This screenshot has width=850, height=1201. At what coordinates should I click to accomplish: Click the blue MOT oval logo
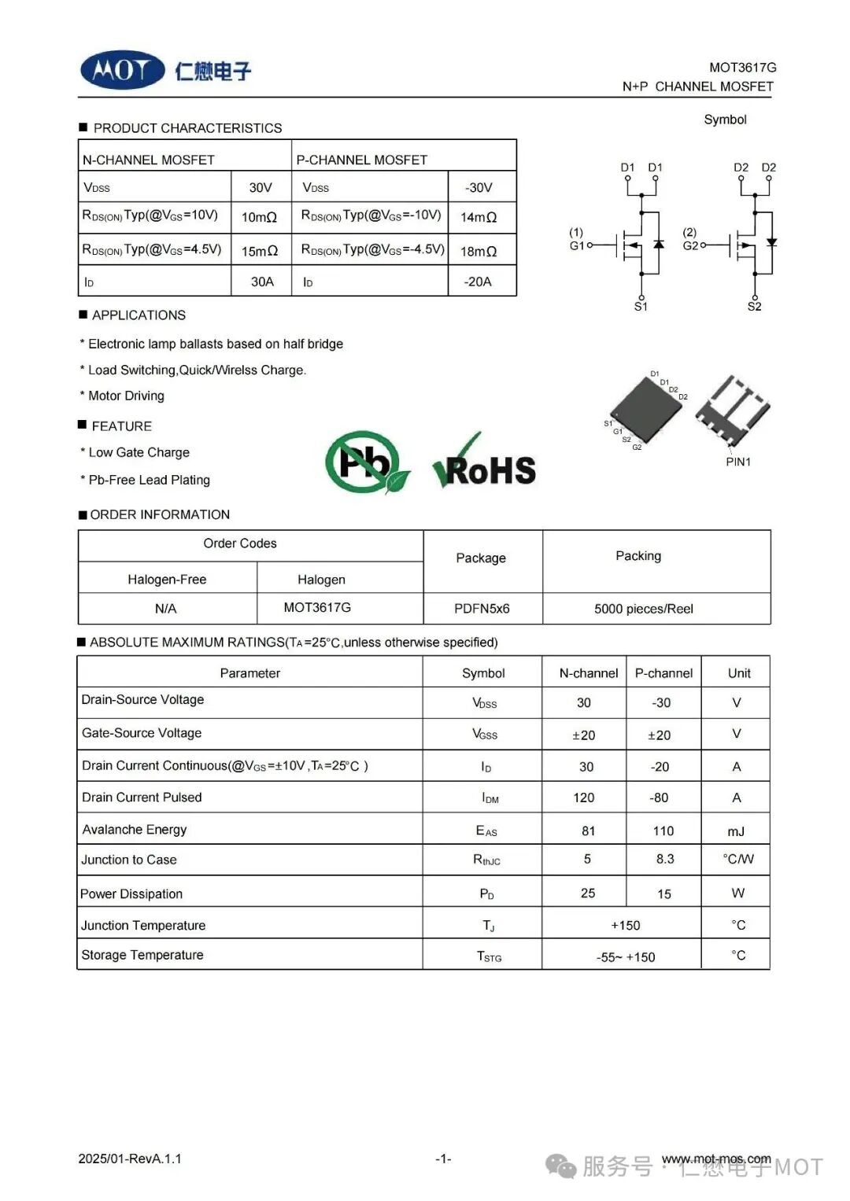click(123, 71)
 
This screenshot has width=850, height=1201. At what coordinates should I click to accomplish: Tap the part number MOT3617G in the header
click(742, 68)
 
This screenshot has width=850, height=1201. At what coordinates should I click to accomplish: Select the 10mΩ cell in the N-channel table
click(259, 217)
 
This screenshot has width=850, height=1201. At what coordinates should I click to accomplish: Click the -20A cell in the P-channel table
click(478, 282)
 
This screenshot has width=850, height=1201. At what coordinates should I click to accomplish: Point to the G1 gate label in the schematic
click(577, 245)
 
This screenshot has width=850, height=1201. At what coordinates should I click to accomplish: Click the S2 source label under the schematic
click(754, 307)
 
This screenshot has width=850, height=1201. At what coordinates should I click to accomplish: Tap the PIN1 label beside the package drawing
click(738, 462)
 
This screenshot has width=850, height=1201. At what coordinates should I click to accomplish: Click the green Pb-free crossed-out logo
click(366, 462)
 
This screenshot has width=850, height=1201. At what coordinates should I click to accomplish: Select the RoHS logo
click(486, 465)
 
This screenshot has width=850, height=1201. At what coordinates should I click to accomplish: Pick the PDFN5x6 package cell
click(482, 609)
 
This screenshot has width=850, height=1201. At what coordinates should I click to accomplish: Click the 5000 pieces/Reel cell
click(644, 609)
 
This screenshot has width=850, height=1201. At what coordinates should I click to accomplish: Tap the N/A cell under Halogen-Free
click(166, 609)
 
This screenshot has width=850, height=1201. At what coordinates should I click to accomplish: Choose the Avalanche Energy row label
click(135, 830)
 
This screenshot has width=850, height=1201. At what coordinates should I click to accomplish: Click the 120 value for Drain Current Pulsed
click(584, 798)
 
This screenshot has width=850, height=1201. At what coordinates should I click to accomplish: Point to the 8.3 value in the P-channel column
click(665, 859)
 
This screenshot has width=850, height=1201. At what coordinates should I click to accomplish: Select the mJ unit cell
click(736, 831)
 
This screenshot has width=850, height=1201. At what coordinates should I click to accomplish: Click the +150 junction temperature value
click(626, 926)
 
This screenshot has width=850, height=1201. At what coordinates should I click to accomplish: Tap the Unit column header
click(739, 673)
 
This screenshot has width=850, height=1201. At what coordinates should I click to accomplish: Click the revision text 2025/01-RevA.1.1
click(130, 1159)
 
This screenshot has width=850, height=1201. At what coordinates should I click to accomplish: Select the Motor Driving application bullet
click(126, 396)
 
